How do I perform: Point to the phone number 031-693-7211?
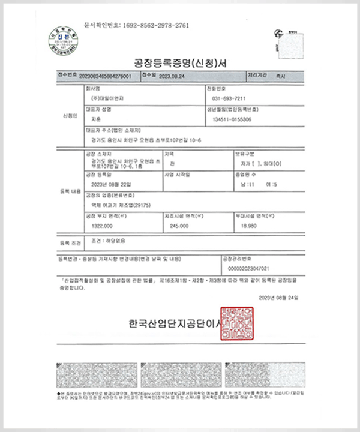click(x=229, y=98)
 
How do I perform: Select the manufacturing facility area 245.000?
click(x=179, y=226)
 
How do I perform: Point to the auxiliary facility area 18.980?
click(x=248, y=226)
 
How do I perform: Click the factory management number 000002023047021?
click(x=245, y=268)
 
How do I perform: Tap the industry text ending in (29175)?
click(x=116, y=205)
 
